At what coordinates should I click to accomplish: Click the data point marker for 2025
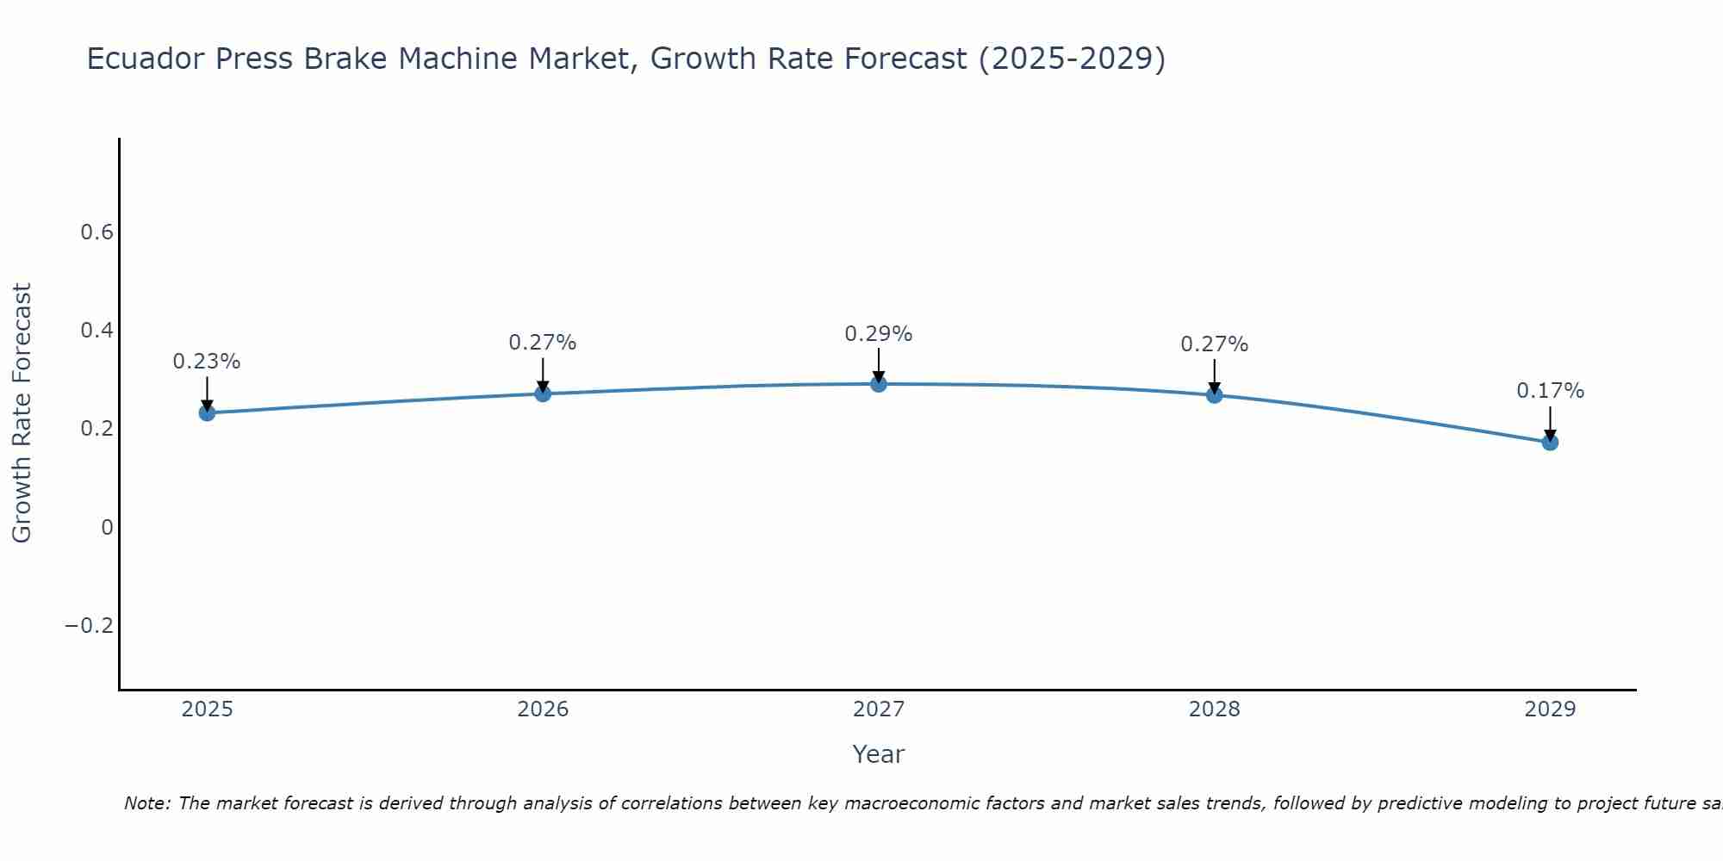coord(207,413)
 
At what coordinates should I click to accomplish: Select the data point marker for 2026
coord(543,393)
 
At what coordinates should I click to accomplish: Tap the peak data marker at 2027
coord(879,384)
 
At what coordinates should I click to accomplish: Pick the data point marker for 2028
coord(1215,395)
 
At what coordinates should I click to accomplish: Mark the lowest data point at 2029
coord(1550,443)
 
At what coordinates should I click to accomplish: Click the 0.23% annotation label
coord(207,362)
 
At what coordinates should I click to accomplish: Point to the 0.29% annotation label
coord(879,334)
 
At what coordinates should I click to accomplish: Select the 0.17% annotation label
coord(1550,391)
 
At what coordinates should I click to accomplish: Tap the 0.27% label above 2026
coord(543,343)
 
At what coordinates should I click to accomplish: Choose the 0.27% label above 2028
coord(1215,344)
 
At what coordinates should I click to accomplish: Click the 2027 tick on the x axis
coord(879,709)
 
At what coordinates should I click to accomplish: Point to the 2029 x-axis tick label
coord(1550,709)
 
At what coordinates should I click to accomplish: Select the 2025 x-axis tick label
coord(208,709)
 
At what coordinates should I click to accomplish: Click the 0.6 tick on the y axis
coord(97,232)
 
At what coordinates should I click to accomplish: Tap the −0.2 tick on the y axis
coord(90,625)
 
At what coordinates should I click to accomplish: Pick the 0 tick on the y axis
coord(107,527)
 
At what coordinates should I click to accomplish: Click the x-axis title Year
coord(879,754)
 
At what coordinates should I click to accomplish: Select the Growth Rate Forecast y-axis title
coord(22,413)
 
